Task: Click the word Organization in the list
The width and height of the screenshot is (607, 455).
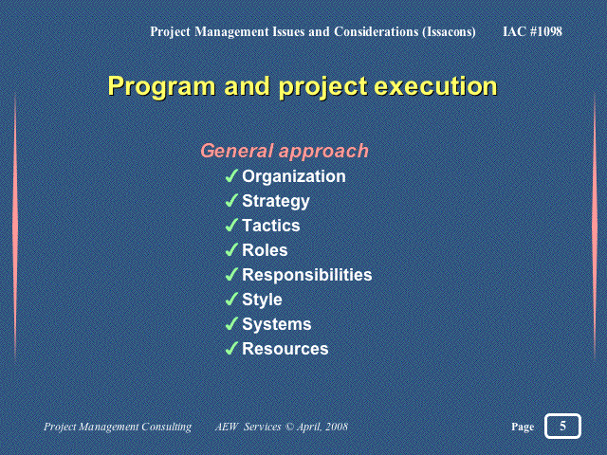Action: tap(294, 177)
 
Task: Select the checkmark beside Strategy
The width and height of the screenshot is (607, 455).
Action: tap(231, 200)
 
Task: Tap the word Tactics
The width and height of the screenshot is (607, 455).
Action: tap(271, 226)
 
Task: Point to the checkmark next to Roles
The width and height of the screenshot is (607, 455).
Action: tap(231, 250)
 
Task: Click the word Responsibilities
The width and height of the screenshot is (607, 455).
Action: tap(307, 275)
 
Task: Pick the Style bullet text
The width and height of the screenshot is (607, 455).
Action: tap(262, 300)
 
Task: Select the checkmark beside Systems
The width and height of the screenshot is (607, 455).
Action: tap(231, 324)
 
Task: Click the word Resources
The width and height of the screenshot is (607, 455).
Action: tap(285, 349)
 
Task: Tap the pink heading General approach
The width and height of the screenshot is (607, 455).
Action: tap(285, 151)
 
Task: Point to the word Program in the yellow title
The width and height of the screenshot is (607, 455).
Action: tap(161, 86)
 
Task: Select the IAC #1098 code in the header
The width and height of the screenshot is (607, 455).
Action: tap(533, 31)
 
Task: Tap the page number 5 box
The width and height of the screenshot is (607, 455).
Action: tap(562, 426)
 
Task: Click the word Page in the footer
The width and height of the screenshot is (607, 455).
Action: tap(523, 427)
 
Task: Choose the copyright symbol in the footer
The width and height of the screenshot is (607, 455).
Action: tap(289, 427)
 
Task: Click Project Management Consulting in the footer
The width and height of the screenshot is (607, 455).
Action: tap(118, 427)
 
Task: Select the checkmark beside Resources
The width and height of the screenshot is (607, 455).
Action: tap(231, 349)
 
